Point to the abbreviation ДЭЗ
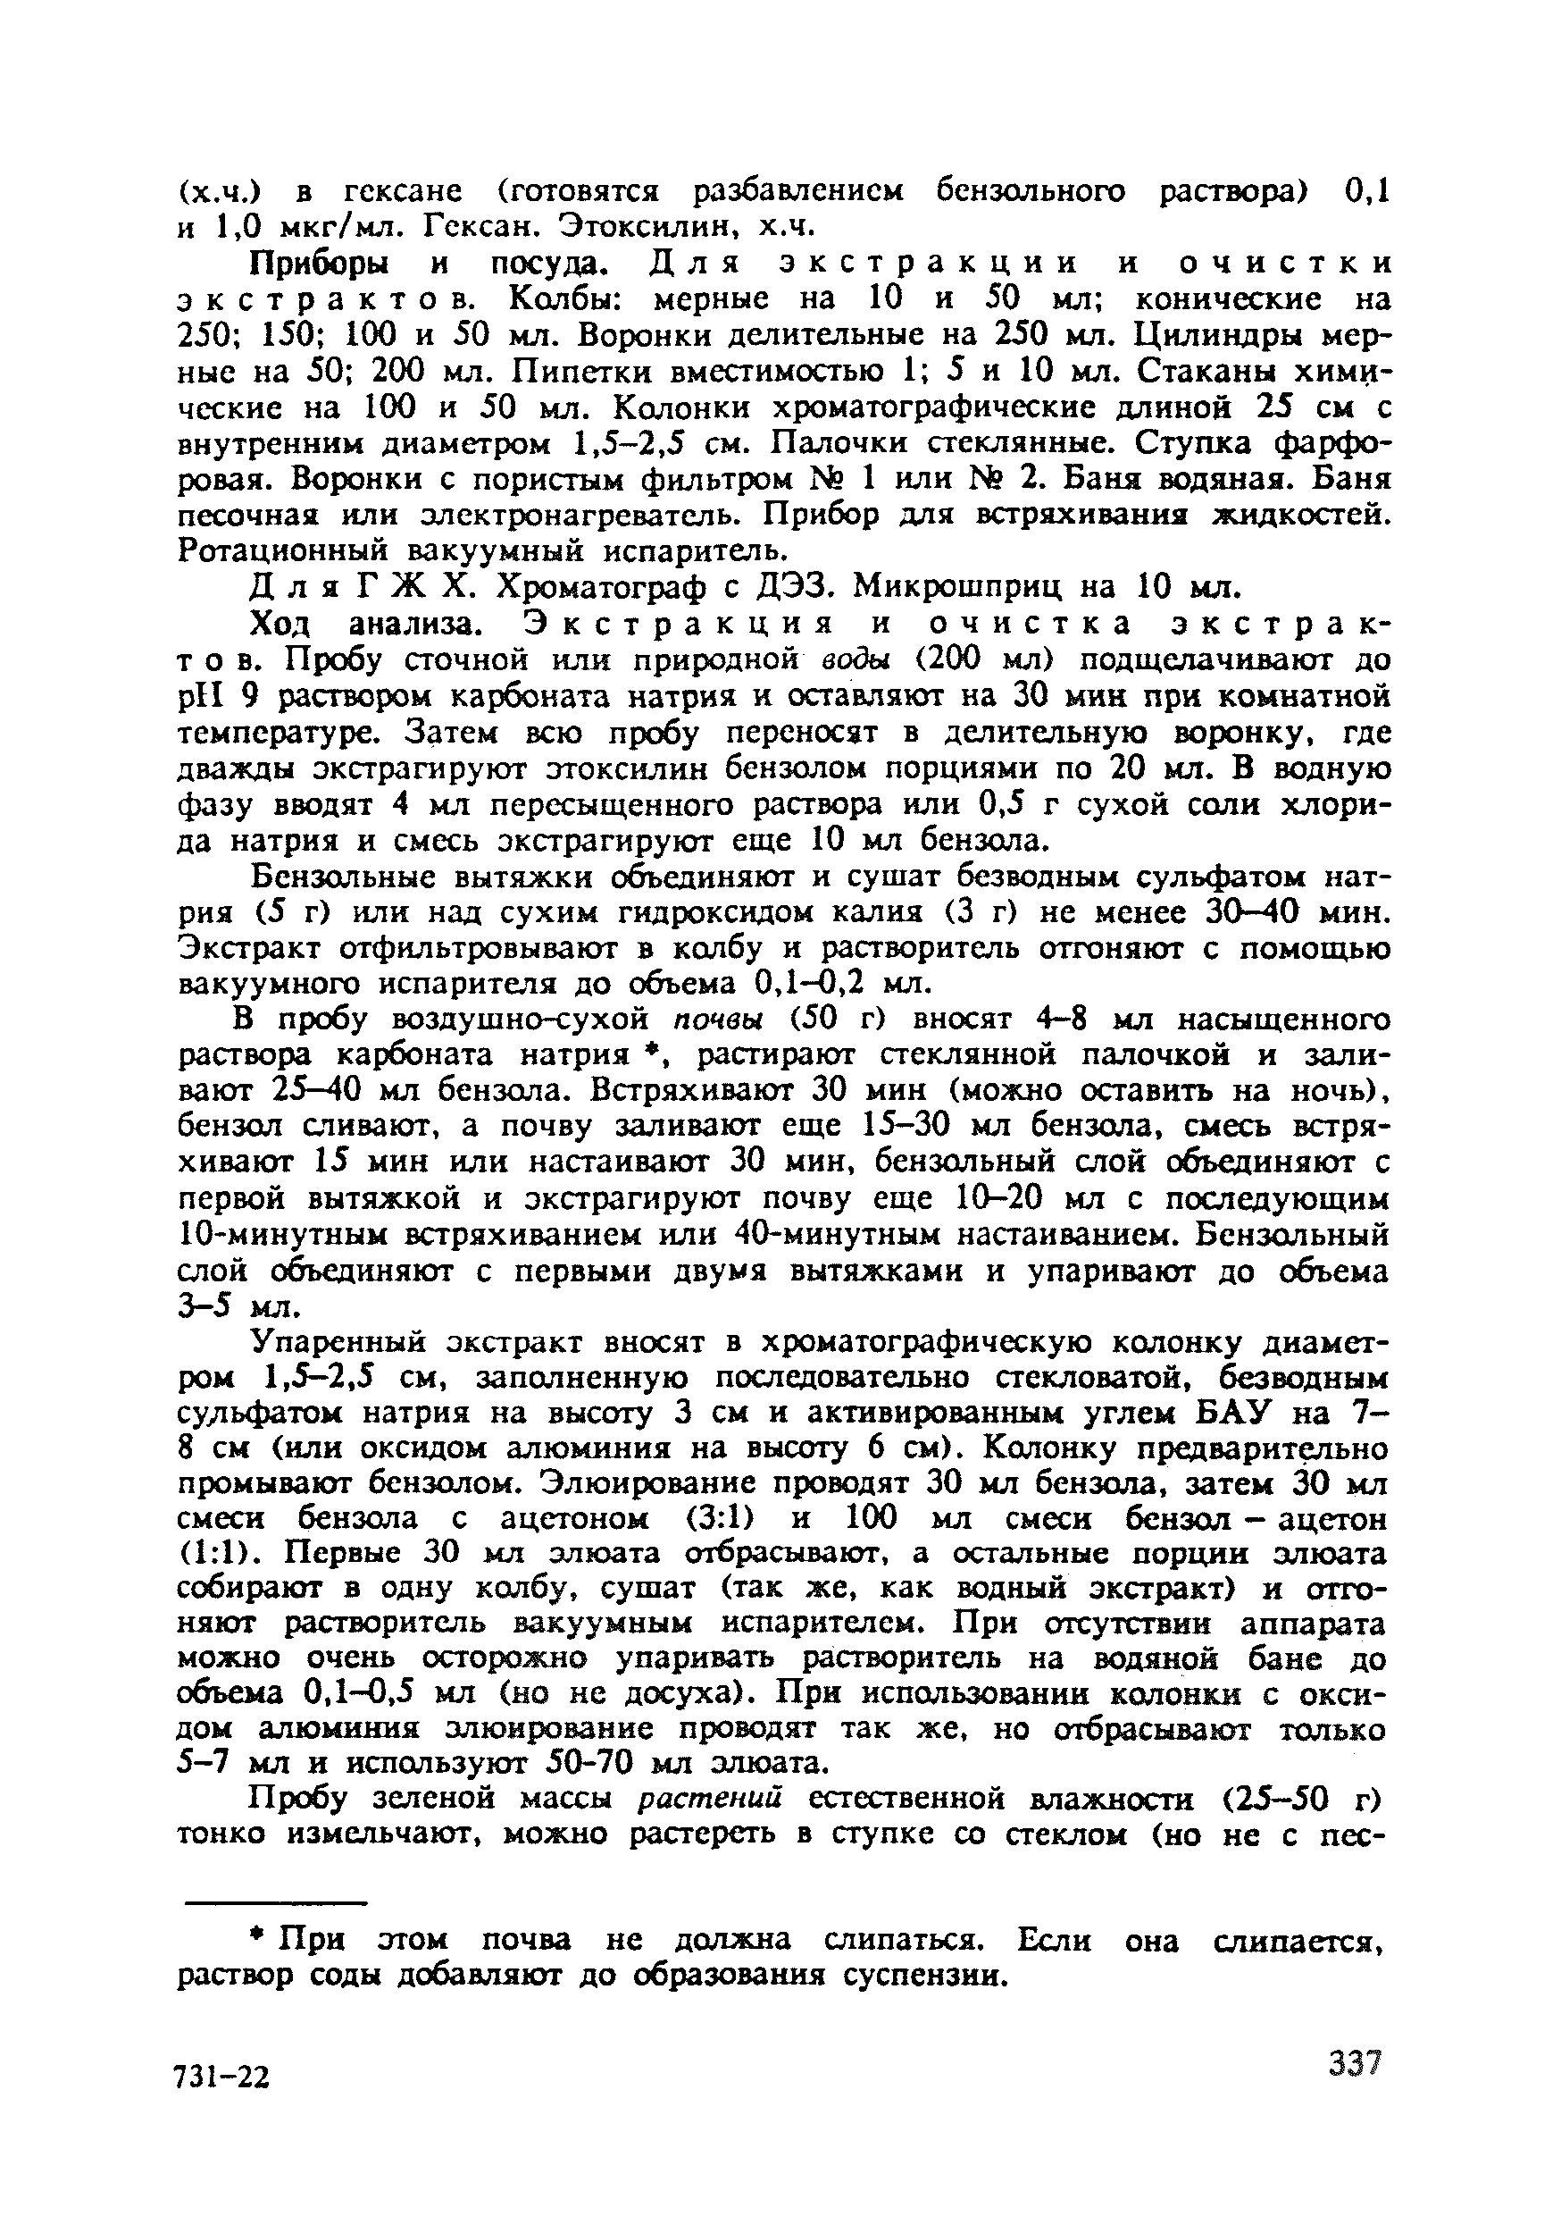[799, 587]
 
